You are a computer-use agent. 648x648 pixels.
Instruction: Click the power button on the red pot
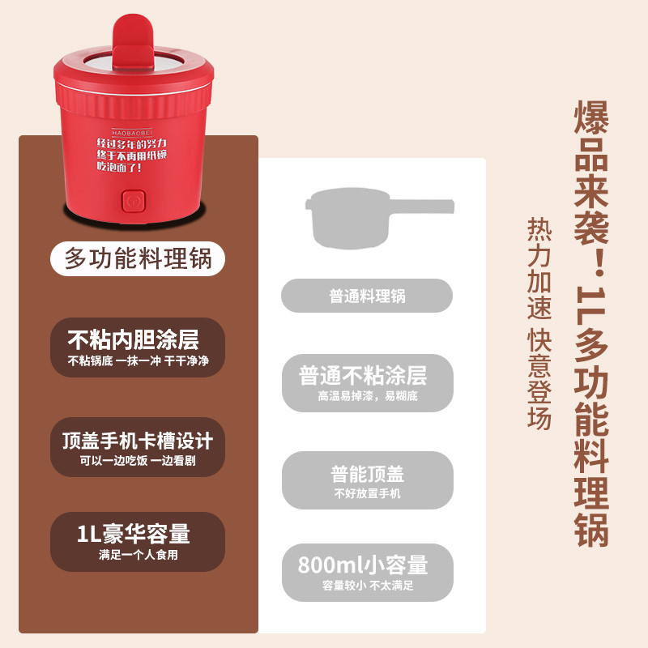pyautogui.click(x=131, y=198)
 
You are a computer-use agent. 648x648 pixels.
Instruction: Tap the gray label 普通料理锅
pyautogui.click(x=367, y=296)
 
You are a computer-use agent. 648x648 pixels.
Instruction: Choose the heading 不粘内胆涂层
pyautogui.click(x=133, y=339)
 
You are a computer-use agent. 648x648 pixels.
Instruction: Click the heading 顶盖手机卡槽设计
pyautogui.click(x=137, y=440)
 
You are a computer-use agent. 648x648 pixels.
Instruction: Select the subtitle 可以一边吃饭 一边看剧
pyautogui.click(x=137, y=461)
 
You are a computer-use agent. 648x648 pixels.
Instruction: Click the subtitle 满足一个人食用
pyautogui.click(x=138, y=556)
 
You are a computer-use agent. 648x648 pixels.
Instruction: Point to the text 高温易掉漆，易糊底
pyautogui.click(x=367, y=396)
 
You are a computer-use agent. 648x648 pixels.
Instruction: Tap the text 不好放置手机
pyautogui.click(x=367, y=493)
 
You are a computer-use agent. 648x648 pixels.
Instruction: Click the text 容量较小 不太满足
pyautogui.click(x=367, y=586)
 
